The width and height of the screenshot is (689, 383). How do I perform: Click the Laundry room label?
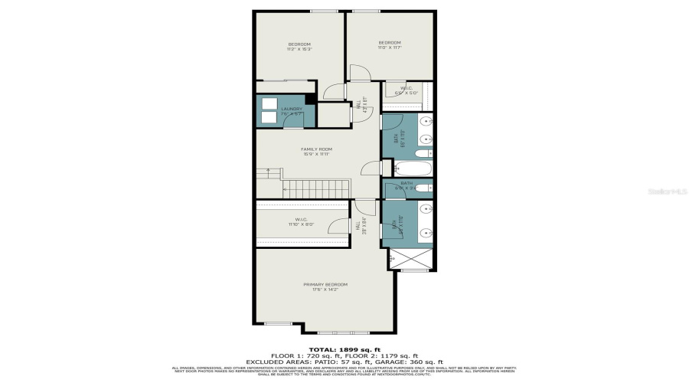pyautogui.click(x=292, y=109)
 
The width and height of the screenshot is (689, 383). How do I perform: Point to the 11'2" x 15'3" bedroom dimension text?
pyautogui.click(x=299, y=49)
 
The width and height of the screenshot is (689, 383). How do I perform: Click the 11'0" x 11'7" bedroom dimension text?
pyautogui.click(x=390, y=47)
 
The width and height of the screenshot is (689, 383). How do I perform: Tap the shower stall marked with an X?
pyautogui.click(x=400, y=259)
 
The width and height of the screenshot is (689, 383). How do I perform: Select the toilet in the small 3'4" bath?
pyautogui.click(x=424, y=188)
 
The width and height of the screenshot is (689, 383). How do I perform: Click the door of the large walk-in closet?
pyautogui.click(x=336, y=226)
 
